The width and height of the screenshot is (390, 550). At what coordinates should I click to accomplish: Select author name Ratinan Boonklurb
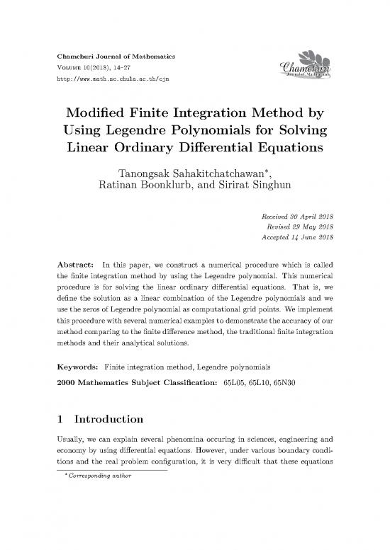click(146, 188)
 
